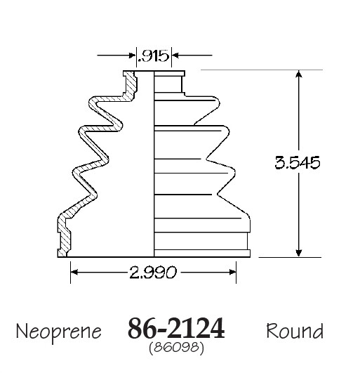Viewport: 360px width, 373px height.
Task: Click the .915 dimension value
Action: click(153, 56)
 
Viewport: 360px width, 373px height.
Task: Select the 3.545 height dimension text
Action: click(298, 163)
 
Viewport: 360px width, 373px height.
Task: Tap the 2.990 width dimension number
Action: click(153, 273)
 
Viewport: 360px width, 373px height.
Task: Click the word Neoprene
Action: click(59, 332)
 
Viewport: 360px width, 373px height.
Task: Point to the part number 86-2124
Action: click(176, 328)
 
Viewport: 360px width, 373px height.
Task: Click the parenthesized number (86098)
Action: click(176, 348)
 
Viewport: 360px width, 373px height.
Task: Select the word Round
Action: click(295, 331)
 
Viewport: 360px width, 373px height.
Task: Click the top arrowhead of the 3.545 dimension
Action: click(299, 74)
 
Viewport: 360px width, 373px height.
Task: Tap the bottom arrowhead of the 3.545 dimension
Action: click(299, 253)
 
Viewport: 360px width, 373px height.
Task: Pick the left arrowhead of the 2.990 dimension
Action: click(74, 272)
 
